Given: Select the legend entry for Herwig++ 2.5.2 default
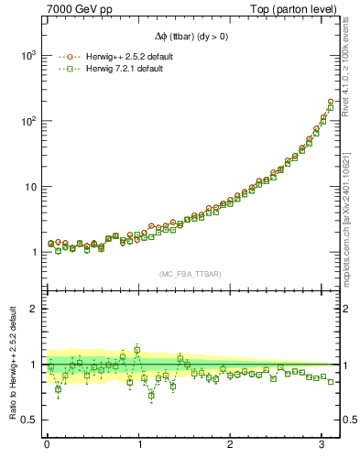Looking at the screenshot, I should [x=122, y=57].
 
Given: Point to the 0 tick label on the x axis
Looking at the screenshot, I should [x=47, y=444].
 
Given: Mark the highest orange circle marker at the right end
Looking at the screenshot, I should [x=331, y=102].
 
